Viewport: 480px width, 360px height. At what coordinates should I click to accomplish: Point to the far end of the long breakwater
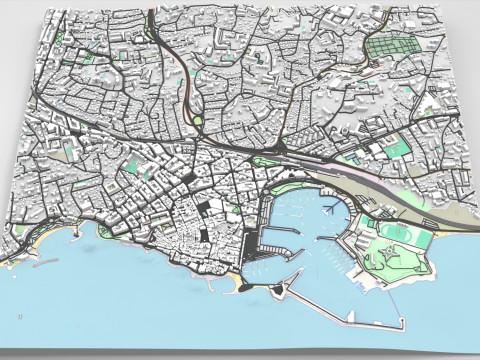pyautogui.click(x=403, y=324)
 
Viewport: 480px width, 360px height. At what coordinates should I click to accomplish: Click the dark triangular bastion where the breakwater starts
pyautogui.click(x=277, y=291)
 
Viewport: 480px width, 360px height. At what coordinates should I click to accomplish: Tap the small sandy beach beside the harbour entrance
pyautogui.click(x=239, y=284)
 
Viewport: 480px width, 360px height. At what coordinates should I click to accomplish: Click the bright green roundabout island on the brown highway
pyautogui.click(x=197, y=122)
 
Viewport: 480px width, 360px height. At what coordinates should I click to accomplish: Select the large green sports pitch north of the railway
pyautogui.click(x=397, y=149)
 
